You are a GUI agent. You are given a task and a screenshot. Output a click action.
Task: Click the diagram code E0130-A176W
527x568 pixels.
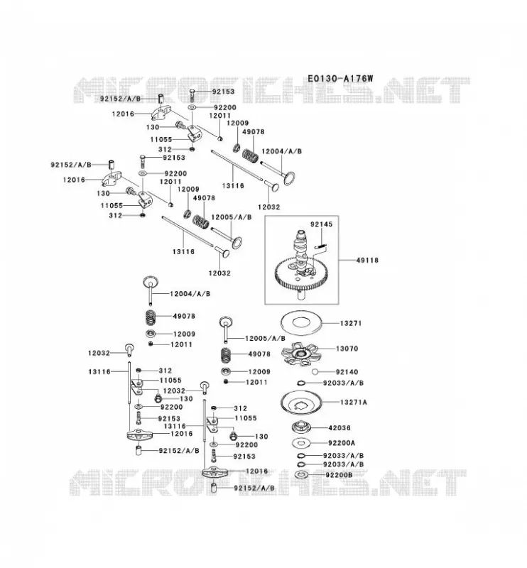(340, 78)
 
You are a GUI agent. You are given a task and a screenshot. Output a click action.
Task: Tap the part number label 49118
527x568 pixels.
(367, 260)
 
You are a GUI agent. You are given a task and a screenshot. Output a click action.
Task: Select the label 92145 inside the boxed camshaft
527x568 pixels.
(321, 224)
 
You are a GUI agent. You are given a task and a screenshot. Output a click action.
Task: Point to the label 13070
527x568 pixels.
(347, 349)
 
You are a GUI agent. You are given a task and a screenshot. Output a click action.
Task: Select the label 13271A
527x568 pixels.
(354, 402)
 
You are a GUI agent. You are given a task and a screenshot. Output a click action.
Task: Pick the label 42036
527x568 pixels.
(339, 428)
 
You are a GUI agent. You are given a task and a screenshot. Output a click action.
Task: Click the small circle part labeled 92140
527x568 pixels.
(315, 371)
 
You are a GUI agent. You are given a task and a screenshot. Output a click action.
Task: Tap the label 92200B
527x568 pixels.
(339, 475)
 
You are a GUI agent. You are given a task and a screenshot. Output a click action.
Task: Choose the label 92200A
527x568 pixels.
(342, 442)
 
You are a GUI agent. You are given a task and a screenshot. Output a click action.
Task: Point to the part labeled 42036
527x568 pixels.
(302, 427)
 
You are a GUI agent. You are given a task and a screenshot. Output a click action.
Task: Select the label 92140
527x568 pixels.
(347, 371)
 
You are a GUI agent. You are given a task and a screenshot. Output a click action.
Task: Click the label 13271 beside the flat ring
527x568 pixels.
(351, 323)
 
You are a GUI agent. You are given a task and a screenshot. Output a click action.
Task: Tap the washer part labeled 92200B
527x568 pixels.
(301, 474)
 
